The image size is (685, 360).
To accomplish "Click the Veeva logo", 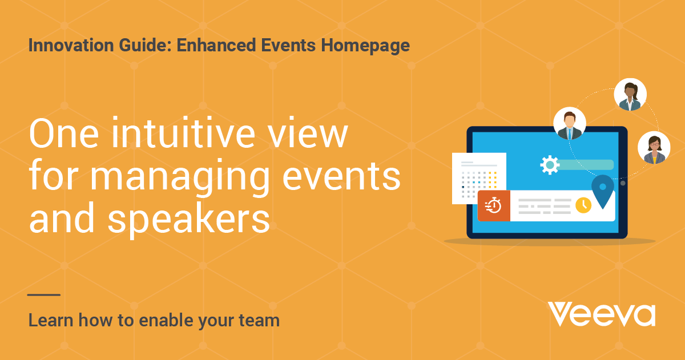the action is pyautogui.click(x=602, y=314).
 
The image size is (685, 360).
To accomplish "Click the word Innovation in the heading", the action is pyautogui.click(x=71, y=45).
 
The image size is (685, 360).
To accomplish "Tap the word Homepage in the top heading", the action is pyautogui.click(x=365, y=46).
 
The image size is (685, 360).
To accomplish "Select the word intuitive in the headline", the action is pyautogui.click(x=183, y=134).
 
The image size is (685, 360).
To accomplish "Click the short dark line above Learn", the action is pyautogui.click(x=44, y=295).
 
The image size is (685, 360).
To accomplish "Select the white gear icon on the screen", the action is pyautogui.click(x=550, y=165).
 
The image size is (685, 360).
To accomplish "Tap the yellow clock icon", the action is pyautogui.click(x=583, y=205).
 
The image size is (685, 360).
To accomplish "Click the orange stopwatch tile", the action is pyautogui.click(x=494, y=205).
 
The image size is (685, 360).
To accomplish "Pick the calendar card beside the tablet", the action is pyautogui.click(x=479, y=178).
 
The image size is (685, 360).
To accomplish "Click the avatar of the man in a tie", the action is pyautogui.click(x=570, y=123).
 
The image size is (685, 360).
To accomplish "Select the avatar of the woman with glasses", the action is pyautogui.click(x=654, y=148).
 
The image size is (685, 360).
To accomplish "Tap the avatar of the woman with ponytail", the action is pyautogui.click(x=630, y=94).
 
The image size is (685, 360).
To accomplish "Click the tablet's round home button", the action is pyautogui.click(x=623, y=183).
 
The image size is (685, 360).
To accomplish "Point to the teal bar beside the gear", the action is pyautogui.click(x=586, y=165).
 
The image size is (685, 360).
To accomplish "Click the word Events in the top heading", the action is pyautogui.click(x=288, y=45).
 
